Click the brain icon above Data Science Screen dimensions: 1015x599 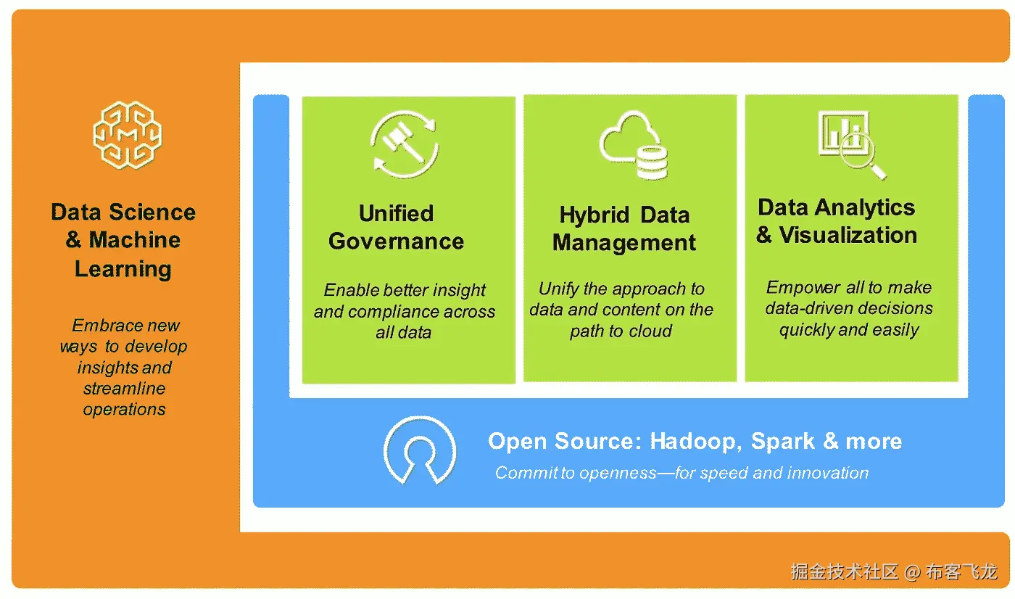128,135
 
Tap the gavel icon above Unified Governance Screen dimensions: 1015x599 405,144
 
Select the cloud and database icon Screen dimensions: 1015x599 634,145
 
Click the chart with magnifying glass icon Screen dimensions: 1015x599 852,145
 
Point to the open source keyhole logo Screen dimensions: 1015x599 420,450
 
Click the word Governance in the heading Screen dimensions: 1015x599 396,241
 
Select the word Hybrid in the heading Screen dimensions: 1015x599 594,215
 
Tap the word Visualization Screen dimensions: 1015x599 848,235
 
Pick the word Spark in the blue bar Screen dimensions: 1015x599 782,442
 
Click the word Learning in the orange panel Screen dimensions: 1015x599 123,270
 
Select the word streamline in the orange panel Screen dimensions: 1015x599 124,388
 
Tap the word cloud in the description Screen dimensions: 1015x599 650,331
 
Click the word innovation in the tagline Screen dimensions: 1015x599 828,473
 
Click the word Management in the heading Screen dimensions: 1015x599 624,243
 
